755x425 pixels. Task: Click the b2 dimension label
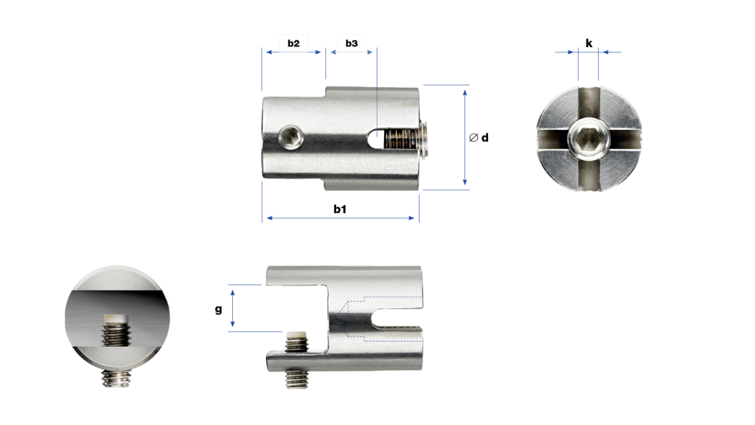tap(293, 44)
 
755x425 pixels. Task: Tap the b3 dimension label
tap(352, 44)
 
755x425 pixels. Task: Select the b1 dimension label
tap(340, 209)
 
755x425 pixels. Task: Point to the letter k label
tap(589, 44)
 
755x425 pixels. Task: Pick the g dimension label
tap(218, 309)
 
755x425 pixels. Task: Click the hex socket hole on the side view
tap(290, 137)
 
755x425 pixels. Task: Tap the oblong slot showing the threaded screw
tap(393, 139)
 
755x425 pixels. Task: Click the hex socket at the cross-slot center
tap(588, 139)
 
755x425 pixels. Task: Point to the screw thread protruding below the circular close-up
tap(115, 378)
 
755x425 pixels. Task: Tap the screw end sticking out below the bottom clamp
tap(296, 379)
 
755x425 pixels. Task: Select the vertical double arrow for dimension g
tap(232, 308)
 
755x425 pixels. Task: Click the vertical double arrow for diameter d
tap(465, 137)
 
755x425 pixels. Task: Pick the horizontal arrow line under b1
tap(341, 218)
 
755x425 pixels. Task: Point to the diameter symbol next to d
tap(474, 138)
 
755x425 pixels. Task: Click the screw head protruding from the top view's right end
tap(424, 139)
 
